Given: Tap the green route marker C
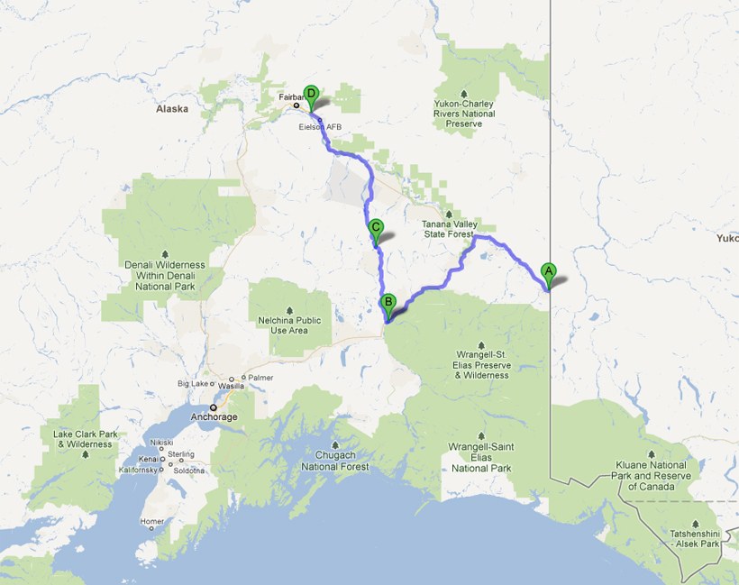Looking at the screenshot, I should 376,229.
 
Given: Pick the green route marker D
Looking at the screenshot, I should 311,94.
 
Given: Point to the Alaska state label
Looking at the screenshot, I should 171,109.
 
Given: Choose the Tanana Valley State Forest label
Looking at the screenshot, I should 449,229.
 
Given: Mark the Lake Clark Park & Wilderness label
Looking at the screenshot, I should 85,439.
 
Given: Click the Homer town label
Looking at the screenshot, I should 152,522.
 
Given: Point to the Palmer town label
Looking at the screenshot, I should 260,378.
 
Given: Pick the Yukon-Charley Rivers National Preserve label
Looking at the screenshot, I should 464,114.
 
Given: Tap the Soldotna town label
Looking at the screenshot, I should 191,471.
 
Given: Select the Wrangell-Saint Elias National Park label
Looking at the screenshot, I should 480,462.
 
